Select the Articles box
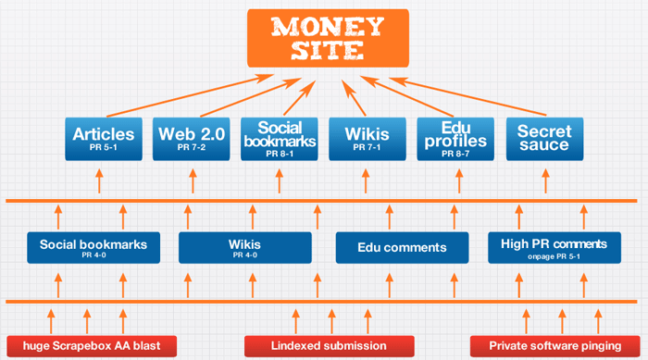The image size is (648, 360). tap(104, 140)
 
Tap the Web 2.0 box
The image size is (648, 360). tap(190, 140)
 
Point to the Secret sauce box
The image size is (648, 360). tap(543, 140)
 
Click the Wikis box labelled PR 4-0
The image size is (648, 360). tap(244, 247)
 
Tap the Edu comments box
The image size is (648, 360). tap(403, 247)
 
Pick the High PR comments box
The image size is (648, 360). tap(553, 247)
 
